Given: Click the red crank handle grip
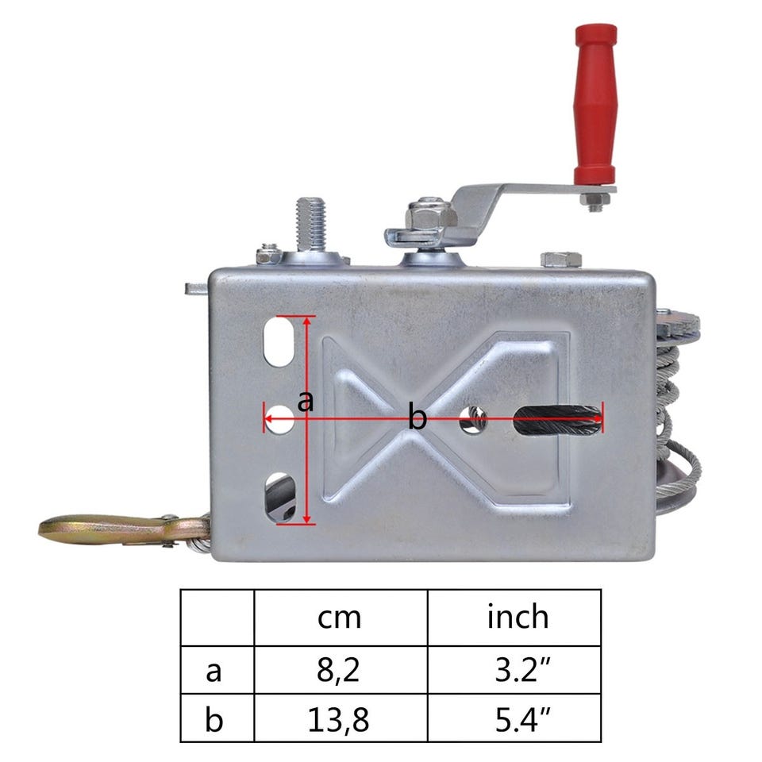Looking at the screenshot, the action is pos(595,105).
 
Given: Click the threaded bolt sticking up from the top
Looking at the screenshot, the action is pos(310,224).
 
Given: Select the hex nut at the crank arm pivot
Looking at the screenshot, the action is pos(430,215).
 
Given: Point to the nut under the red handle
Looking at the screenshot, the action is pos(595,200).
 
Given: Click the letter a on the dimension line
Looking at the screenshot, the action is pos(305,402).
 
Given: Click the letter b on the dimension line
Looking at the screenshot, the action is pos(417,417).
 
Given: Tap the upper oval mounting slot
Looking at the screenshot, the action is pos(279,341).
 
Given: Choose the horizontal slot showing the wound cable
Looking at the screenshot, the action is pos(558,420).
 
